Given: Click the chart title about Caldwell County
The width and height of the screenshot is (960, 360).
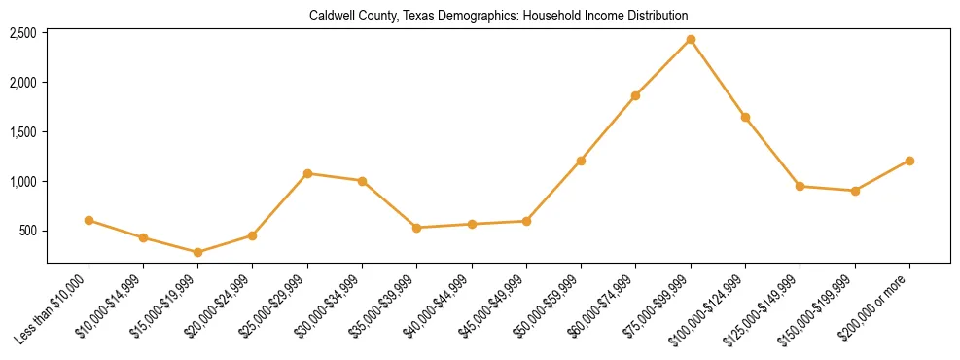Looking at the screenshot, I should pos(498,17).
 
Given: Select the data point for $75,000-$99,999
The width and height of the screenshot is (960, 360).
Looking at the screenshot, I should pos(691,39).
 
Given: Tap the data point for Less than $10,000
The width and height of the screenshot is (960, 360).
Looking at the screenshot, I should pos(89,220).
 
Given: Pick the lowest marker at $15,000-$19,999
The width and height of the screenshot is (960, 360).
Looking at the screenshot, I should pos(198,252).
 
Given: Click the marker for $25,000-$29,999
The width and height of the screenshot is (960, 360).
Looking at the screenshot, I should pos(307,173).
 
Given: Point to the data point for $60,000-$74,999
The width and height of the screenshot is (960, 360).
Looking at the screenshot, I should pos(635,95).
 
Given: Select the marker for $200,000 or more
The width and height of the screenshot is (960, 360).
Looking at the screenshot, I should pos(909,161).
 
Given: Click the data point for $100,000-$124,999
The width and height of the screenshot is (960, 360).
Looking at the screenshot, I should pos(745,117).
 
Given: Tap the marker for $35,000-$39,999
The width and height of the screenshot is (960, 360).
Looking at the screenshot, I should pos(417,228).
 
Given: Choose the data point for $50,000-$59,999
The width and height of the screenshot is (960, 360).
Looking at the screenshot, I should pos(581,161).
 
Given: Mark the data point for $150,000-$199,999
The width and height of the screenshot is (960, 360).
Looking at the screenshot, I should pos(855,191).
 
